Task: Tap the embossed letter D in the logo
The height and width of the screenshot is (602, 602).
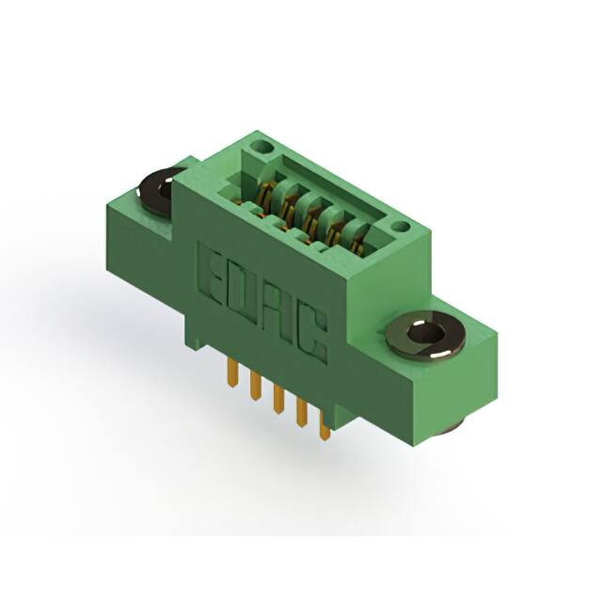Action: (240, 293)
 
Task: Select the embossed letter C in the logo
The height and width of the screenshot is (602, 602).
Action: (313, 334)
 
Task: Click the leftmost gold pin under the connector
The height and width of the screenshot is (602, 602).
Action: (231, 372)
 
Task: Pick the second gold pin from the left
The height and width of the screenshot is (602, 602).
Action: (255, 386)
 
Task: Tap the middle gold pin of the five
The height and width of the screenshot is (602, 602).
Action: (278, 400)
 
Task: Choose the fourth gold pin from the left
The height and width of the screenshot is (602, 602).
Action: (302, 413)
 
